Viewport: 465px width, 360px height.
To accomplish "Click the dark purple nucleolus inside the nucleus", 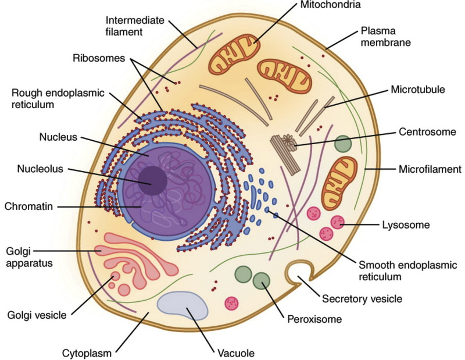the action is [153, 180].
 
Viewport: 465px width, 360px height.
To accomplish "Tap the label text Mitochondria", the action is [330, 5].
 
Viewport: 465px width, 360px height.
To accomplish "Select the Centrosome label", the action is [427, 132].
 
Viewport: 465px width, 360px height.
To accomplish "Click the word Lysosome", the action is [406, 225].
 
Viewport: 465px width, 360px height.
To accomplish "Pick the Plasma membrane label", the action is [385, 37].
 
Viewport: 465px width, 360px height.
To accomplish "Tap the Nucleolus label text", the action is [40, 169].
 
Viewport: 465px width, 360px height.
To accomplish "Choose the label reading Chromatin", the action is [28, 206].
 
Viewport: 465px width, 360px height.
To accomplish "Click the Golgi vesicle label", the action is [37, 315].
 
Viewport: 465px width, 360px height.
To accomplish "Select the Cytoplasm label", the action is [87, 354].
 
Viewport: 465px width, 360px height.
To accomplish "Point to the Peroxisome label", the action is [314, 319].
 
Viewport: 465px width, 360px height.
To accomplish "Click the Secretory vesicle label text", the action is [362, 298].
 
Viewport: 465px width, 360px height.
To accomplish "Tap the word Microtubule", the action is [418, 90].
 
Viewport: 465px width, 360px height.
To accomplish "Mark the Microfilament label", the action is [430, 169].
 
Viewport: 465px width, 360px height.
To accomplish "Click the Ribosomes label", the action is [99, 58].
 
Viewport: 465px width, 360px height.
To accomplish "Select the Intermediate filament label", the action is [135, 26].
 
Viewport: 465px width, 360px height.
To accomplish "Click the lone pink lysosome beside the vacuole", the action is [231, 304].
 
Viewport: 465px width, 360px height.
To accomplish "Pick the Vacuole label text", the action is [236, 354].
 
